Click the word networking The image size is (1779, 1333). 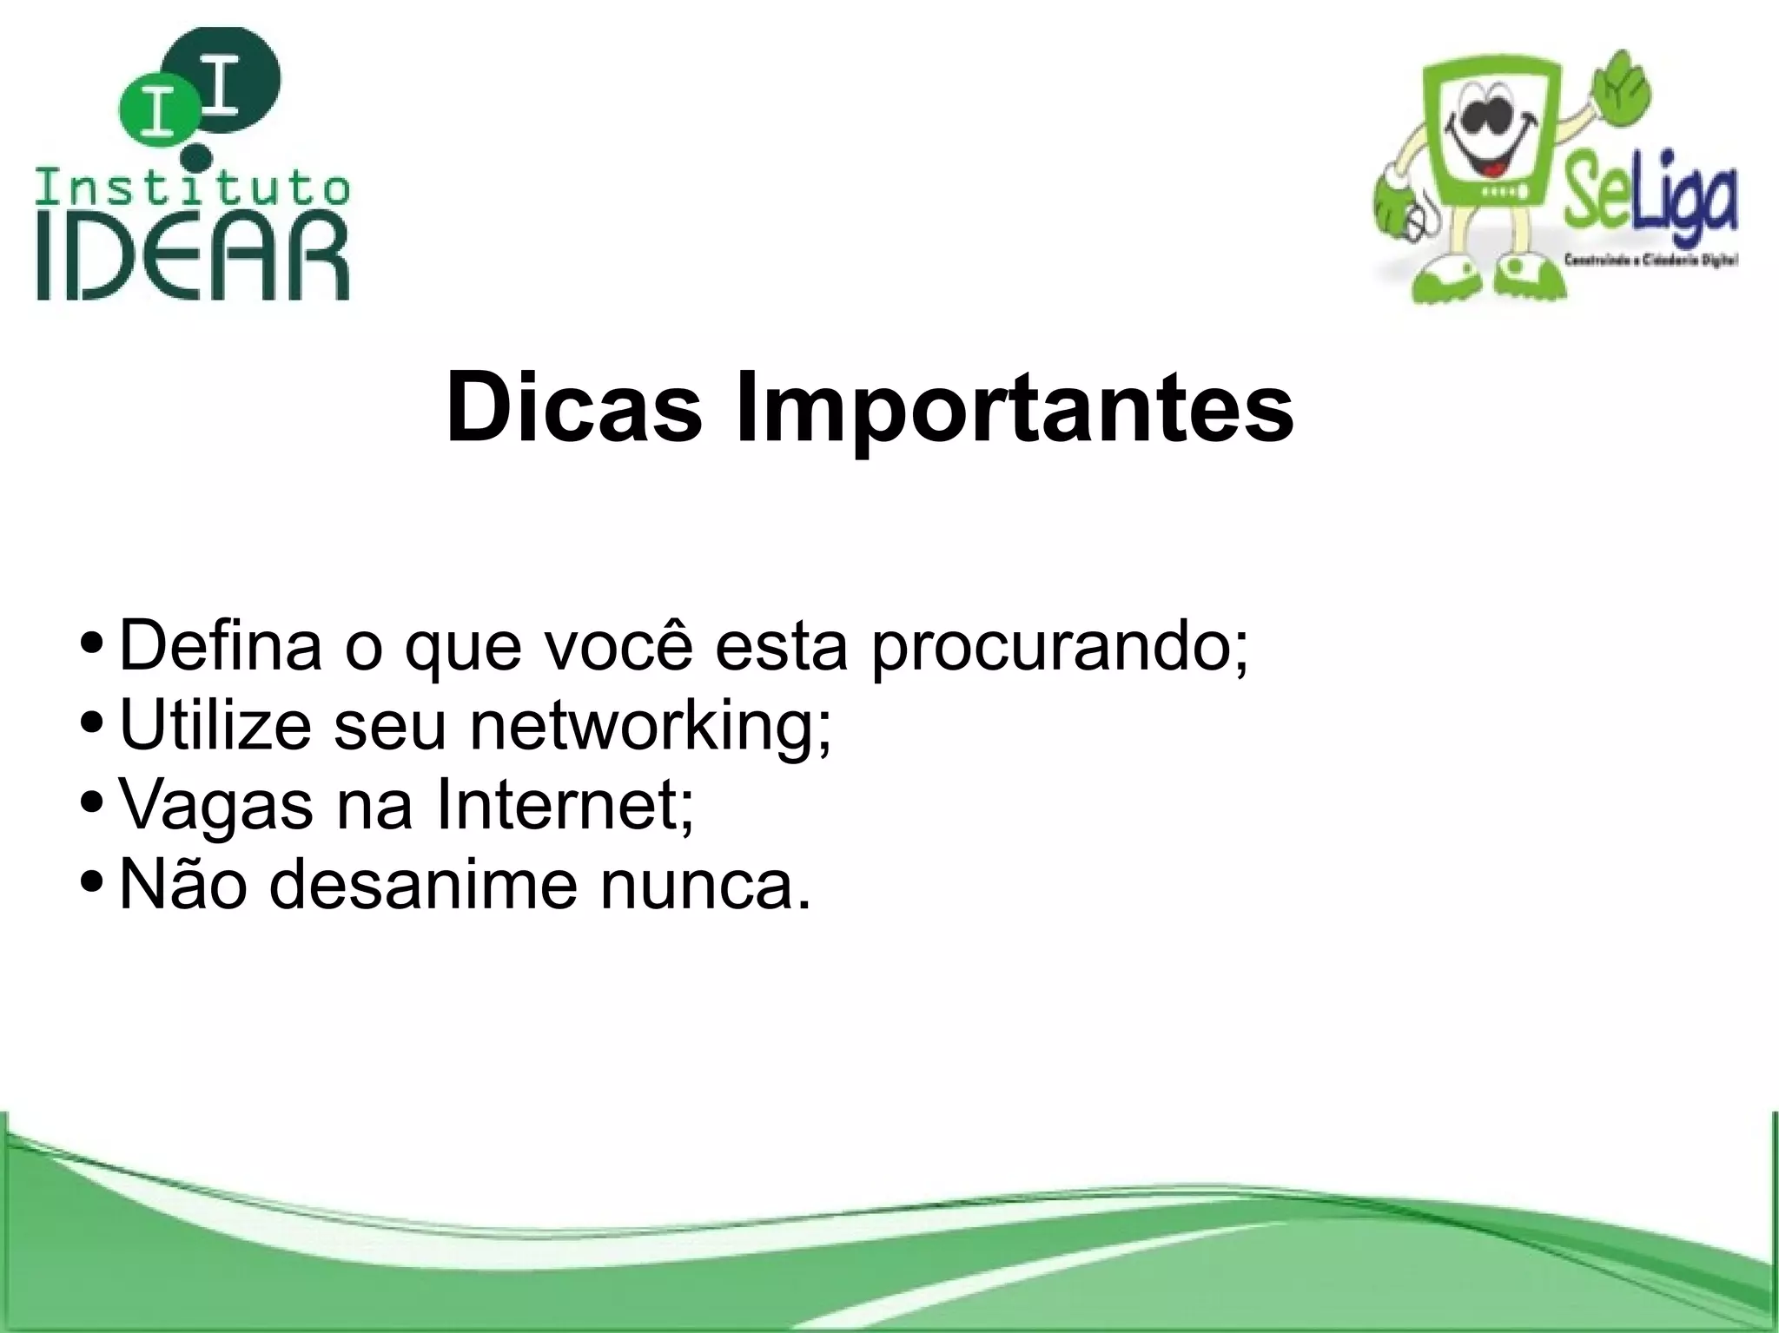pyautogui.click(x=651, y=728)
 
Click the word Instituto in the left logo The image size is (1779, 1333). pyautogui.click(x=193, y=188)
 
